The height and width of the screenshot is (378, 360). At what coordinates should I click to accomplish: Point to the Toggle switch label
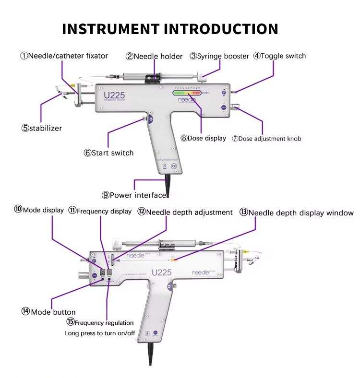click(x=283, y=56)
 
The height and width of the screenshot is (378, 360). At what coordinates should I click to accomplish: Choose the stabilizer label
click(x=46, y=128)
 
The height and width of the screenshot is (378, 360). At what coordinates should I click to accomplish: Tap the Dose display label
click(x=207, y=138)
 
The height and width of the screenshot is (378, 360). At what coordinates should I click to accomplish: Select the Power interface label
click(x=138, y=195)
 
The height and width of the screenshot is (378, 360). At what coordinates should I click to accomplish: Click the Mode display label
click(x=43, y=210)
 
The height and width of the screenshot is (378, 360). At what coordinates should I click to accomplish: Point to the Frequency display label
click(x=104, y=211)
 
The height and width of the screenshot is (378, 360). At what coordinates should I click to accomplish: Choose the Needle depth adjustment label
click(x=189, y=212)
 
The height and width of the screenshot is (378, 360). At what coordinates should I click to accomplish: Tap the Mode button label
click(x=53, y=312)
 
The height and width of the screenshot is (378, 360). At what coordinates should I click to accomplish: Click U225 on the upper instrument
click(x=114, y=95)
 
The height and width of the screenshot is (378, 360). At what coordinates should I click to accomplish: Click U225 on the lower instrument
click(x=162, y=272)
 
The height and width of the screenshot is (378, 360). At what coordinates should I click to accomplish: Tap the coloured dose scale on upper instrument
click(x=188, y=94)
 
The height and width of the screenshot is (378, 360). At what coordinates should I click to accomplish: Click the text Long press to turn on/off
click(x=100, y=333)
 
